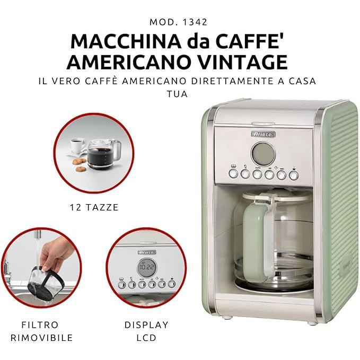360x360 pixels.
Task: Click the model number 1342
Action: tap(195, 22)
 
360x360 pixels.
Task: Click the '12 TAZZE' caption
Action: tap(94, 207)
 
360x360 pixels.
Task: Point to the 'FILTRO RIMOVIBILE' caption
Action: tap(42, 331)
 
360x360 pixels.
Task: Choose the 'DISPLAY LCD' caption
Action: tap(146, 331)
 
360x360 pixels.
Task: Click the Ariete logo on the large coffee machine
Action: tap(263, 134)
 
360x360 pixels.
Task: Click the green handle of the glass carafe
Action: tap(256, 239)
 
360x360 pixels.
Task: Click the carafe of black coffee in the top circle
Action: tap(102, 153)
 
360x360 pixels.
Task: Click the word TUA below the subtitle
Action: tap(177, 94)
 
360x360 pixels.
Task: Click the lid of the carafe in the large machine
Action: tap(276, 196)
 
